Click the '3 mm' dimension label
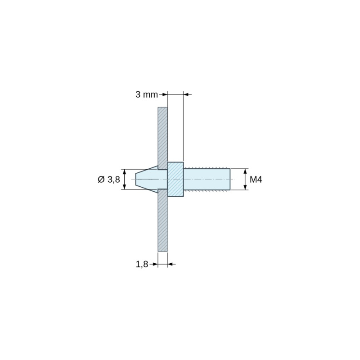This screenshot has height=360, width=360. point(147,94)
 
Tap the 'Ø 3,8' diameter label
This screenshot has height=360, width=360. point(109,179)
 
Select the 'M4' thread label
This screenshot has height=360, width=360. point(256,179)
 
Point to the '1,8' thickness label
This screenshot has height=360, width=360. point(142,264)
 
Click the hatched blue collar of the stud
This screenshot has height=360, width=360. point(175,179)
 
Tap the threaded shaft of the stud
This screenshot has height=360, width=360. point(207,179)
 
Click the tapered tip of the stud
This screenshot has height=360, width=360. point(147,179)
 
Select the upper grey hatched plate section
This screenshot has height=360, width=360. point(162,138)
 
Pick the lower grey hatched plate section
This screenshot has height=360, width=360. point(162,220)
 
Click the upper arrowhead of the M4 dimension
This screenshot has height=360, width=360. point(245,171)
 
